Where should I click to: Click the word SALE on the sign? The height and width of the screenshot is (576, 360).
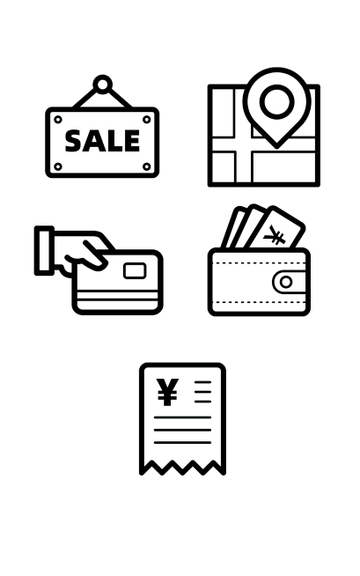point(102,141)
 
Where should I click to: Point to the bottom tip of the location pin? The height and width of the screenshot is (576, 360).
point(276,148)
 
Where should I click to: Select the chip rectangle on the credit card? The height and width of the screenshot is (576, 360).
point(135,270)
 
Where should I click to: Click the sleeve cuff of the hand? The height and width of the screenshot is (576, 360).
point(44,250)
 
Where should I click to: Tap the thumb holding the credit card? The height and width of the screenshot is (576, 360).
point(95,255)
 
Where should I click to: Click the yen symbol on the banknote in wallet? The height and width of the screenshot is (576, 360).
point(275,235)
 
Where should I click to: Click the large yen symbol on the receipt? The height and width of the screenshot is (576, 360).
point(167,392)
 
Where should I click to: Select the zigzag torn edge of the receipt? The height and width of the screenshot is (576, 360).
point(182,468)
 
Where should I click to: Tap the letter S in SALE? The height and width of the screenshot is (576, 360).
point(74,141)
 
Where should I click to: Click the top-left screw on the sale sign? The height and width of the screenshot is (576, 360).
point(58,120)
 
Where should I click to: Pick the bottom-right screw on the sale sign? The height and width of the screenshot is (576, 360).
point(146,166)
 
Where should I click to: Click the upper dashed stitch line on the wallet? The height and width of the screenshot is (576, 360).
point(259,263)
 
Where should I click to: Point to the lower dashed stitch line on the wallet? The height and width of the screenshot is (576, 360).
point(259,302)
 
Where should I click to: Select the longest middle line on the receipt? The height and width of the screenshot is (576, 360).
point(182,430)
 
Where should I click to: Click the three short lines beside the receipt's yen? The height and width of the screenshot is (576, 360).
point(203,392)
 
